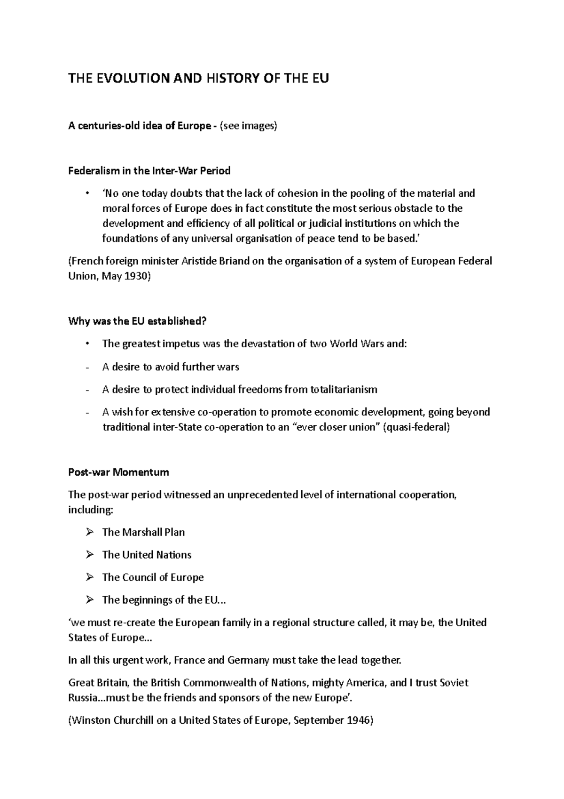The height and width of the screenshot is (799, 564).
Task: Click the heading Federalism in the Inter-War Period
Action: click(x=149, y=171)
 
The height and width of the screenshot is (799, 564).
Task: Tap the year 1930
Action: click(x=136, y=276)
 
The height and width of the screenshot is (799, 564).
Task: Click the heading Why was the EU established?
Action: click(x=137, y=321)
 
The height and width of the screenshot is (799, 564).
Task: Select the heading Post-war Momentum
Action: click(x=118, y=472)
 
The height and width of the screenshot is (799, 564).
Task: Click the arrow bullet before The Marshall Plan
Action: click(x=90, y=532)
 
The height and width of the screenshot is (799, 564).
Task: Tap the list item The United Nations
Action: click(x=147, y=555)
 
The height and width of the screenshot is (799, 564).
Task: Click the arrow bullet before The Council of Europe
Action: click(x=90, y=577)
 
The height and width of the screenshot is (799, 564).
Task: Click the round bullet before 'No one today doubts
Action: click(x=87, y=193)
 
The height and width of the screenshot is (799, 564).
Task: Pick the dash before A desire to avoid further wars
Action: click(x=87, y=367)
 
